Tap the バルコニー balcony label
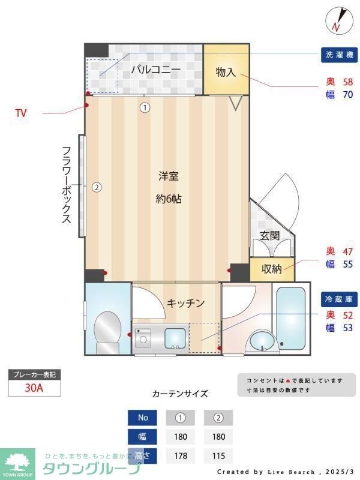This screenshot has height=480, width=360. [x=156, y=70]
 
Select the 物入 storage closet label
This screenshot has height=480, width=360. [x=226, y=72]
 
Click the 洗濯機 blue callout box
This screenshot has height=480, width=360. [x=338, y=54]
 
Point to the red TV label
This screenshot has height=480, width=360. [x=21, y=112]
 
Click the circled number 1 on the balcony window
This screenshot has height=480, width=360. [x=145, y=108]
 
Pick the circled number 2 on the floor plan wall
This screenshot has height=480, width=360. [x=97, y=187]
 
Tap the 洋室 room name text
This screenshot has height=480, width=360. [x=169, y=176]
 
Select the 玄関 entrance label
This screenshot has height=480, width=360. [x=269, y=236]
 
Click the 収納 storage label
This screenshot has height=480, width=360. [x=271, y=269]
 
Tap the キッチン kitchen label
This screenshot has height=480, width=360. [x=186, y=303]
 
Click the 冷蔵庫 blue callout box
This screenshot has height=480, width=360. [x=338, y=298]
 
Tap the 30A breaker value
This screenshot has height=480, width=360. [x=34, y=388]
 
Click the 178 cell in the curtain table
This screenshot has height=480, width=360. [x=180, y=456]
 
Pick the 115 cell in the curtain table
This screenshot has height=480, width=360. [x=218, y=456]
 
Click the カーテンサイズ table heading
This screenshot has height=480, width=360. [x=180, y=394]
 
